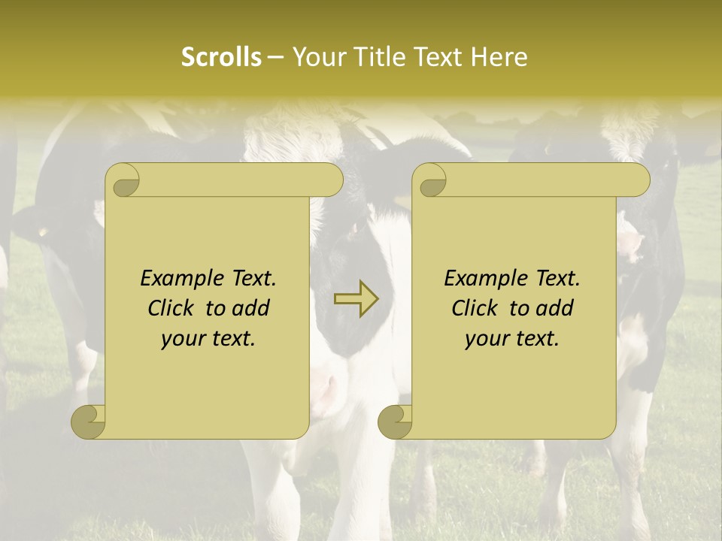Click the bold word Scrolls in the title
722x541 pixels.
click(x=222, y=57)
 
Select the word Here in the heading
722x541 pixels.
click(x=499, y=57)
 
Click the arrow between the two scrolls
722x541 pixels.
click(x=356, y=299)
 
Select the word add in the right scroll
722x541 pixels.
click(x=557, y=309)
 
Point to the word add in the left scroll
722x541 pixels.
click(x=253, y=309)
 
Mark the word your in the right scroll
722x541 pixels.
click(x=488, y=339)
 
